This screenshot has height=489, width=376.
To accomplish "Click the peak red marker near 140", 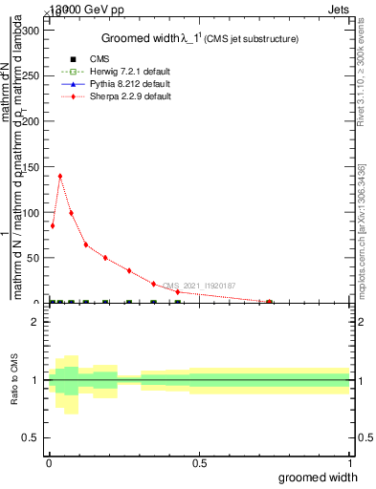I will coord(60,176).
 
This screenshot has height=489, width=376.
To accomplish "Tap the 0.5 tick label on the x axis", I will coord(199,463).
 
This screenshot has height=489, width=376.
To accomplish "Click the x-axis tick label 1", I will coord(349,463).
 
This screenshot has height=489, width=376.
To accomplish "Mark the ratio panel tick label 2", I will coord(34,322).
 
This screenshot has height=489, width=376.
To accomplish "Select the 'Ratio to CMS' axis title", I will coord(14,381).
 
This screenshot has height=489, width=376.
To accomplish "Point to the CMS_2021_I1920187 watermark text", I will coord(197,286).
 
